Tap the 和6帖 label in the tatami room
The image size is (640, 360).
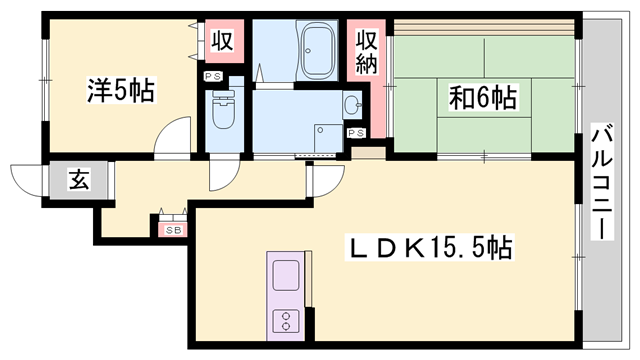coord(482,97)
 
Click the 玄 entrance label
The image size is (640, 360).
coord(77,180)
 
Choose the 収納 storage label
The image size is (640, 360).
coord(367,56)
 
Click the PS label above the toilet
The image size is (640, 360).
coord(214,77)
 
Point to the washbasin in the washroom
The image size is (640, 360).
coord(351,103)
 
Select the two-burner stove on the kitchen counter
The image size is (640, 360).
coord(285,322)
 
